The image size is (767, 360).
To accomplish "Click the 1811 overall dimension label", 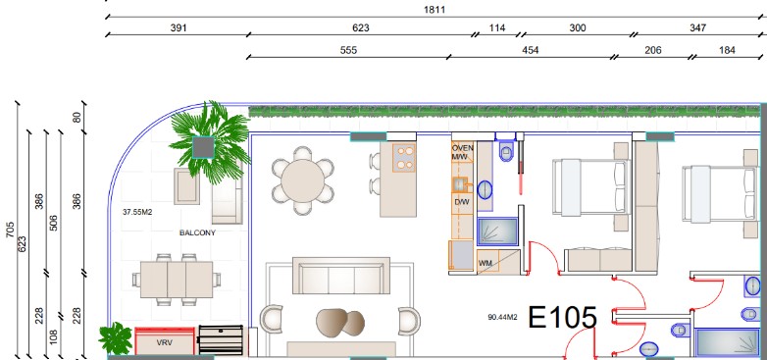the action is [x=435, y=10].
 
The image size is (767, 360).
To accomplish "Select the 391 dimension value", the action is [x=179, y=27].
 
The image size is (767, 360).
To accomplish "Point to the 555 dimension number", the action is [x=348, y=50].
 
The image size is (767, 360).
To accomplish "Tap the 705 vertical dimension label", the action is [x=10, y=231].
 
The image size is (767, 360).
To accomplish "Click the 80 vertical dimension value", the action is [x=77, y=118].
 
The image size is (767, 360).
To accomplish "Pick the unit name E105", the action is [x=563, y=318].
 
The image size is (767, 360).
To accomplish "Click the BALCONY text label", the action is [x=197, y=232].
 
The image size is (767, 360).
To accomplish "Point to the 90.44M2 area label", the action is [x=503, y=317].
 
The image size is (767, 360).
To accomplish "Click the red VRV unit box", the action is [x=165, y=341].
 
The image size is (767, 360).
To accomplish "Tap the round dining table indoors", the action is [x=303, y=180].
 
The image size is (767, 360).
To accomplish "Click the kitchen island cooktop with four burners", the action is [x=404, y=158].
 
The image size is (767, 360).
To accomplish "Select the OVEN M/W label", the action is [x=462, y=153].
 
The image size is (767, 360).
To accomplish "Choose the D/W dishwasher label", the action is [x=461, y=201].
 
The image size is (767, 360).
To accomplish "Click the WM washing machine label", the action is [x=486, y=263].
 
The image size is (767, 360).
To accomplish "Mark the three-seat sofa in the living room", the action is [x=341, y=276].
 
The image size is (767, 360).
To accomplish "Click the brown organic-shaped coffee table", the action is [x=340, y=323].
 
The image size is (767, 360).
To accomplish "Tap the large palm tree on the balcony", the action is [x=210, y=142].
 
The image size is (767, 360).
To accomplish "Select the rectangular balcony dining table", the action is [x=177, y=280].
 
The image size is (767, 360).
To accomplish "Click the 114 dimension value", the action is [x=497, y=27].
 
